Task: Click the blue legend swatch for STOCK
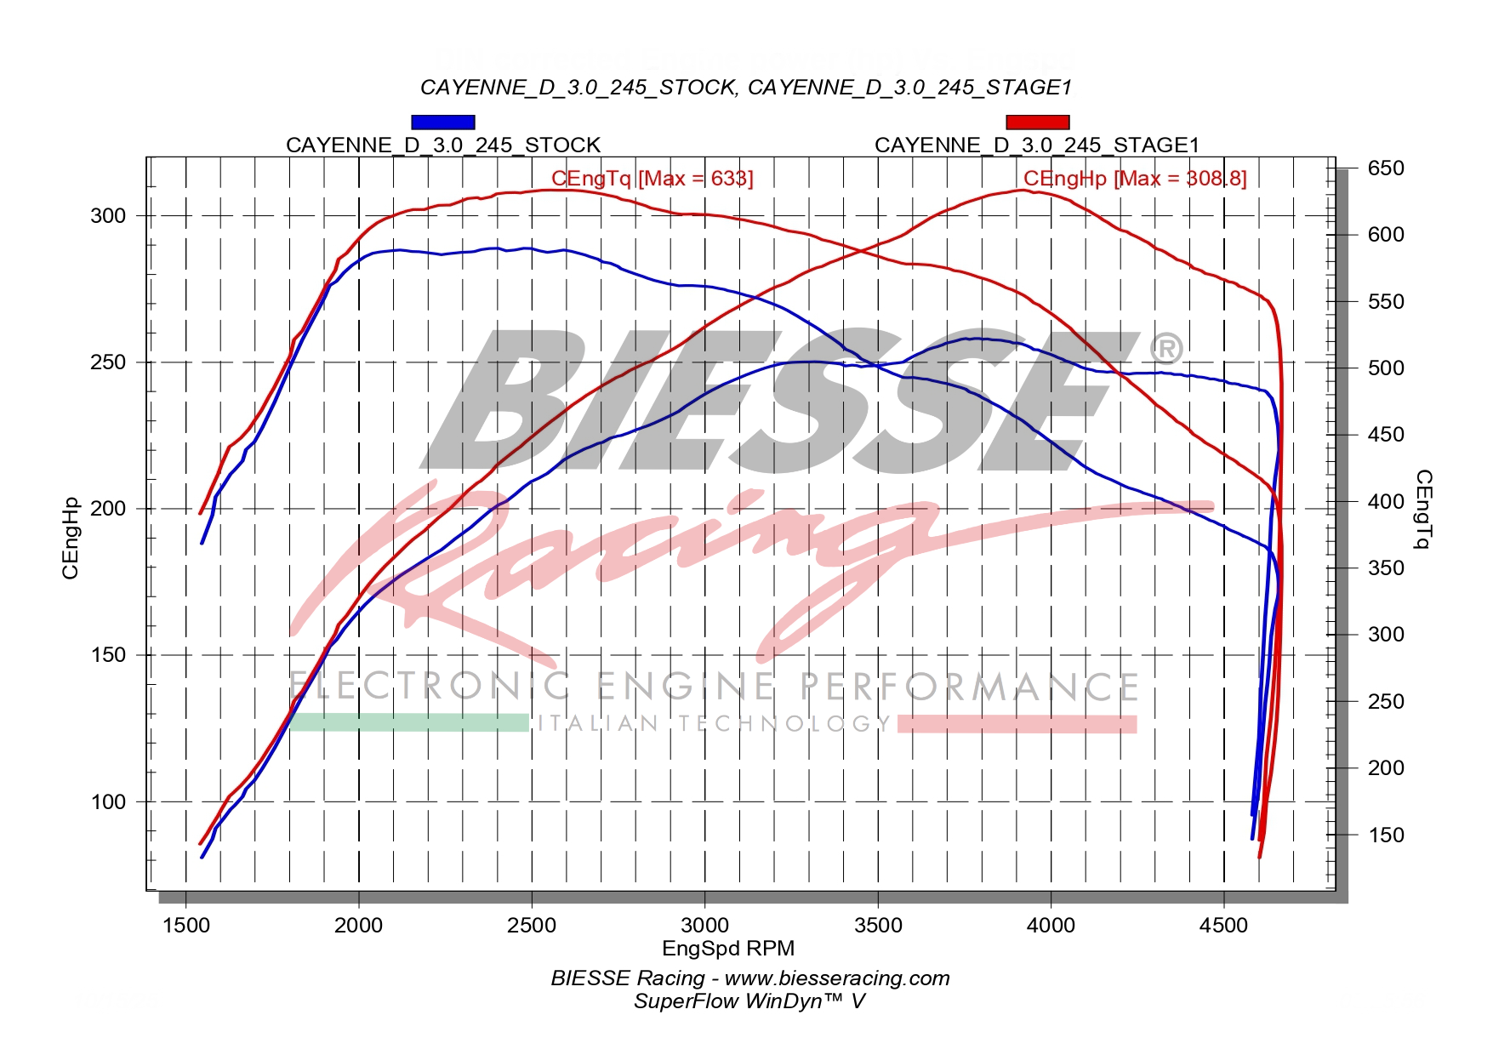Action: click(x=442, y=123)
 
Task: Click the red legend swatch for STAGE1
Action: click(x=1037, y=123)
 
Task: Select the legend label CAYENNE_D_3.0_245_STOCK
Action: click(x=442, y=145)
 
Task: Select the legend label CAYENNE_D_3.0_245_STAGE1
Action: click(x=1037, y=145)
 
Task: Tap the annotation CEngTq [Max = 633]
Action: click(x=652, y=178)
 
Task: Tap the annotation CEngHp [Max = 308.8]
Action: click(x=1134, y=178)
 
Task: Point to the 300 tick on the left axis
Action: click(x=108, y=216)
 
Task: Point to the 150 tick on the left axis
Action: click(x=108, y=655)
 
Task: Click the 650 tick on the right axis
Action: click(x=1386, y=168)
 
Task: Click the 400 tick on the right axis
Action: click(x=1386, y=501)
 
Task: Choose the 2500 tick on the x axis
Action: click(x=532, y=925)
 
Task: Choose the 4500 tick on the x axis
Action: click(x=1223, y=925)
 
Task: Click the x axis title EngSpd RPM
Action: click(x=728, y=948)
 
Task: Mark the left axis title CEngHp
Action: click(x=71, y=538)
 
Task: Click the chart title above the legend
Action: click(x=745, y=88)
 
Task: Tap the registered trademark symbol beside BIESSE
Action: click(x=1165, y=349)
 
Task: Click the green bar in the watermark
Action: click(x=409, y=722)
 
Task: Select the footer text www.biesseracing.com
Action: click(x=837, y=978)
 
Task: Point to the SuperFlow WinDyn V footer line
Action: click(x=749, y=1001)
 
